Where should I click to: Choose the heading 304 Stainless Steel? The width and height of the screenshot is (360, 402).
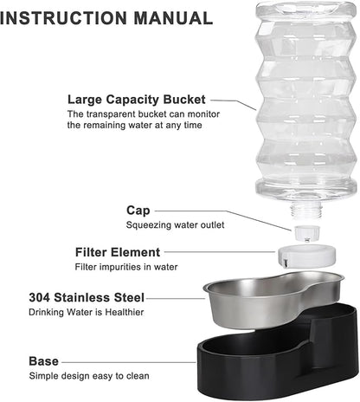pos(86,297)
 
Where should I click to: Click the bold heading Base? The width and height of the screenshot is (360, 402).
pos(44,361)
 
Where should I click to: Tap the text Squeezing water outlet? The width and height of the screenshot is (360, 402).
pos(175,225)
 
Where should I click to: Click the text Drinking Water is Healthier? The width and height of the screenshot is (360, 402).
pos(85,312)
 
